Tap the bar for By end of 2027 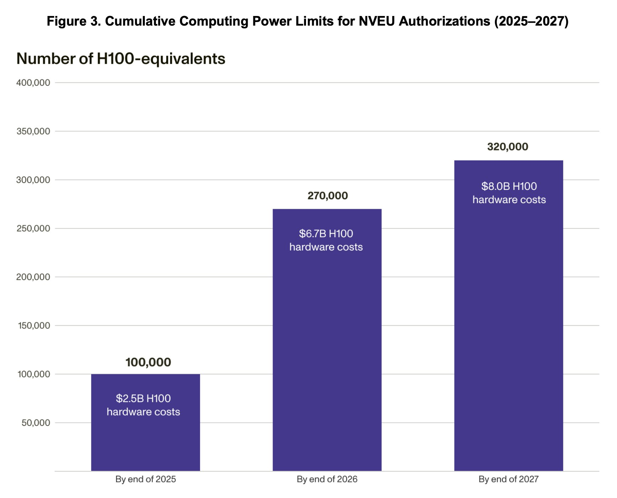(508, 320)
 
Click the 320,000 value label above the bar (507, 147)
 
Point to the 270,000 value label (327, 196)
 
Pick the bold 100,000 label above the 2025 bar (148, 362)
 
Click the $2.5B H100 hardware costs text (143, 405)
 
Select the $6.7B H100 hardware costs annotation (326, 240)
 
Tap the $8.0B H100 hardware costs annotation (509, 193)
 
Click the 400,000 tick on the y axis (33, 83)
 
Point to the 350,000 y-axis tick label (33, 131)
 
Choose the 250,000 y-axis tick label (33, 228)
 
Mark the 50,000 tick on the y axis (36, 423)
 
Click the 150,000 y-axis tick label (34, 325)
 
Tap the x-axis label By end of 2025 (146, 479)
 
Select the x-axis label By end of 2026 (327, 479)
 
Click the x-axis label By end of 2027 (508, 479)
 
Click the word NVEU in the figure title (376, 21)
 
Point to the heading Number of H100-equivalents (121, 59)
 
